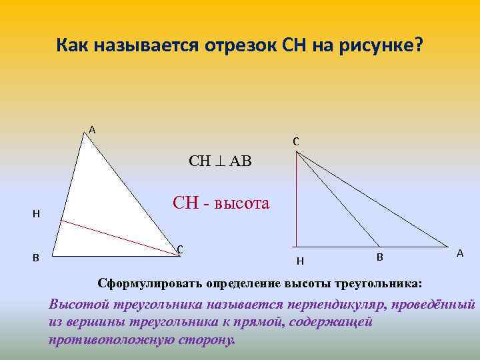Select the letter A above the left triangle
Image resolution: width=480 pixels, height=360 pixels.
92,129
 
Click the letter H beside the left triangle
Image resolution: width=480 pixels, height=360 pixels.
36,214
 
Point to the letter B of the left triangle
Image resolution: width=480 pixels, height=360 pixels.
36,257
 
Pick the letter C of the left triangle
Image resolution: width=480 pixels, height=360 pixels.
180,249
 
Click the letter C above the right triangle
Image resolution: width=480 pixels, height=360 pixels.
295,141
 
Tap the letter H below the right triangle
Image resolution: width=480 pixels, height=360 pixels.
300,261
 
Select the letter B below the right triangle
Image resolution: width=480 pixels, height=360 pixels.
379,257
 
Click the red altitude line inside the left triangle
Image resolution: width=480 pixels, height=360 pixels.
113,233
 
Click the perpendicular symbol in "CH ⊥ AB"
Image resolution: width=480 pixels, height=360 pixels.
219,162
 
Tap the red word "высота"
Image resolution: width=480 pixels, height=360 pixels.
244,202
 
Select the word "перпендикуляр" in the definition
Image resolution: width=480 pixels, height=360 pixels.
343,305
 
